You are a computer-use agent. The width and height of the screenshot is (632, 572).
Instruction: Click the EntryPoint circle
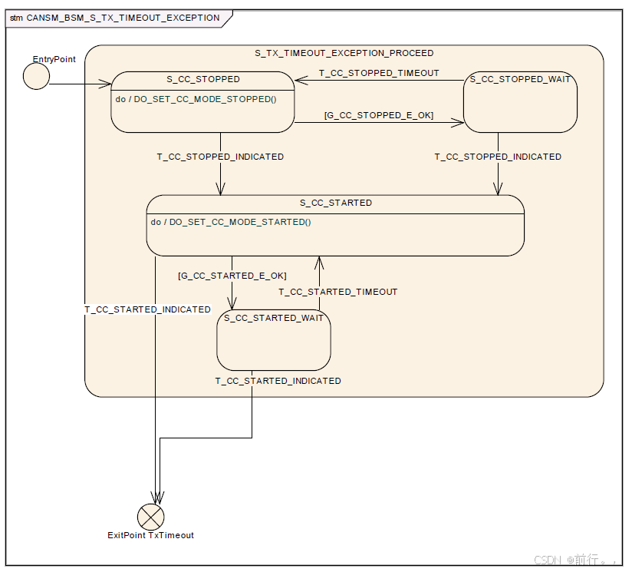[36, 77]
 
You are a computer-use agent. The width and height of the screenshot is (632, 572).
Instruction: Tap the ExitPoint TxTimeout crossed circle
[151, 517]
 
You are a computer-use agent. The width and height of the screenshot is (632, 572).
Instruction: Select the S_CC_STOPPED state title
[203, 79]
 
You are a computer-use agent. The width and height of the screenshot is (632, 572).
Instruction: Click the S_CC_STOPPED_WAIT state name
[520, 79]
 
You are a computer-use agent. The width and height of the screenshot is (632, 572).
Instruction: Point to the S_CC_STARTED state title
[335, 203]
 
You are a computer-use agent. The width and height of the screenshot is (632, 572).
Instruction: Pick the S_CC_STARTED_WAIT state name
[274, 318]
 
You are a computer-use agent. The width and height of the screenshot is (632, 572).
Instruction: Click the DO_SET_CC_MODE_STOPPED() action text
[205, 99]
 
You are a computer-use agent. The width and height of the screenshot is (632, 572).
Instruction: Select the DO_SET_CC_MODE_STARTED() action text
[240, 222]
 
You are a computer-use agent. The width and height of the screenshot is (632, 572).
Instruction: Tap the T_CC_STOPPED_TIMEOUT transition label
[379, 73]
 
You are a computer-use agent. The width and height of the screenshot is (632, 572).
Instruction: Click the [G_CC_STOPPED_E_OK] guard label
[379, 115]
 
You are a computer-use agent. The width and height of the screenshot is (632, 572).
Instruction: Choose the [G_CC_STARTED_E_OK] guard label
[232, 275]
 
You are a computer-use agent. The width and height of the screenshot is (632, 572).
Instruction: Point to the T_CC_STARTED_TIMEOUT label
[337, 292]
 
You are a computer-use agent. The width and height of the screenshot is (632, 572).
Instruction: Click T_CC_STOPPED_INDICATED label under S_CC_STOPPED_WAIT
[498, 157]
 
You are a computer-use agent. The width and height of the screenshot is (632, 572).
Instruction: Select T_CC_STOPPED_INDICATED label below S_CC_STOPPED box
[220, 157]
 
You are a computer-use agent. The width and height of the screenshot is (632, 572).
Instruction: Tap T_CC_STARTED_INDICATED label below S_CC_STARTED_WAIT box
[278, 381]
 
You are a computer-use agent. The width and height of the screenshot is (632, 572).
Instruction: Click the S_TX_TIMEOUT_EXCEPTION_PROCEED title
[344, 53]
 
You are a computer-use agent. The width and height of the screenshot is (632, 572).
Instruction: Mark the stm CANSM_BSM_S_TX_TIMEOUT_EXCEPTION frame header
[115, 18]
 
